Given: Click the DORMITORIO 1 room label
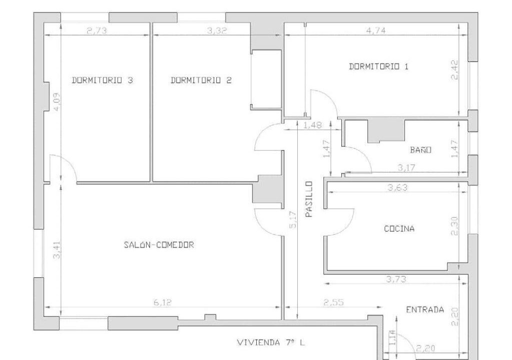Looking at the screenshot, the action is (x=378, y=67).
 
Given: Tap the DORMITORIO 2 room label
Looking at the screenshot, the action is (x=201, y=80).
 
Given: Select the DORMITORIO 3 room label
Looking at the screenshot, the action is (x=102, y=80).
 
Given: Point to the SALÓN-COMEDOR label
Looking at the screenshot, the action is (x=159, y=244).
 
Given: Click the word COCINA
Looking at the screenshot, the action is (x=399, y=228).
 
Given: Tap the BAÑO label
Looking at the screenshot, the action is (x=421, y=149).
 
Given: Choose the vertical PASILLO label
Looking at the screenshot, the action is (x=309, y=199).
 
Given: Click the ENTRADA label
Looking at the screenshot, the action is (x=425, y=309).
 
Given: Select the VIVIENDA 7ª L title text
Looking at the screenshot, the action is (x=271, y=342).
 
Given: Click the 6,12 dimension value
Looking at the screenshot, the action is (x=162, y=302).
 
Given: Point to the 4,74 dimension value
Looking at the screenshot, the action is (x=376, y=30).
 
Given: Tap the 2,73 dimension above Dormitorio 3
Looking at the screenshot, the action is (x=97, y=31).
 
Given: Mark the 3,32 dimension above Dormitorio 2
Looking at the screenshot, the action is (x=217, y=31).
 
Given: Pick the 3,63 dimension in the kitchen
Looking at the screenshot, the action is (x=397, y=187).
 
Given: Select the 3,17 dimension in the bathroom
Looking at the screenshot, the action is (x=406, y=168).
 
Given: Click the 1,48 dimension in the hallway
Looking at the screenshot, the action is (x=313, y=125).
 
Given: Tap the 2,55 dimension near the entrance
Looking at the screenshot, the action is (x=334, y=302).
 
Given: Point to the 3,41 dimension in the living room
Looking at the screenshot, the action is (x=57, y=249).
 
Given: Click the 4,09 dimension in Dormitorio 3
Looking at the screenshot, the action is (x=57, y=102).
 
